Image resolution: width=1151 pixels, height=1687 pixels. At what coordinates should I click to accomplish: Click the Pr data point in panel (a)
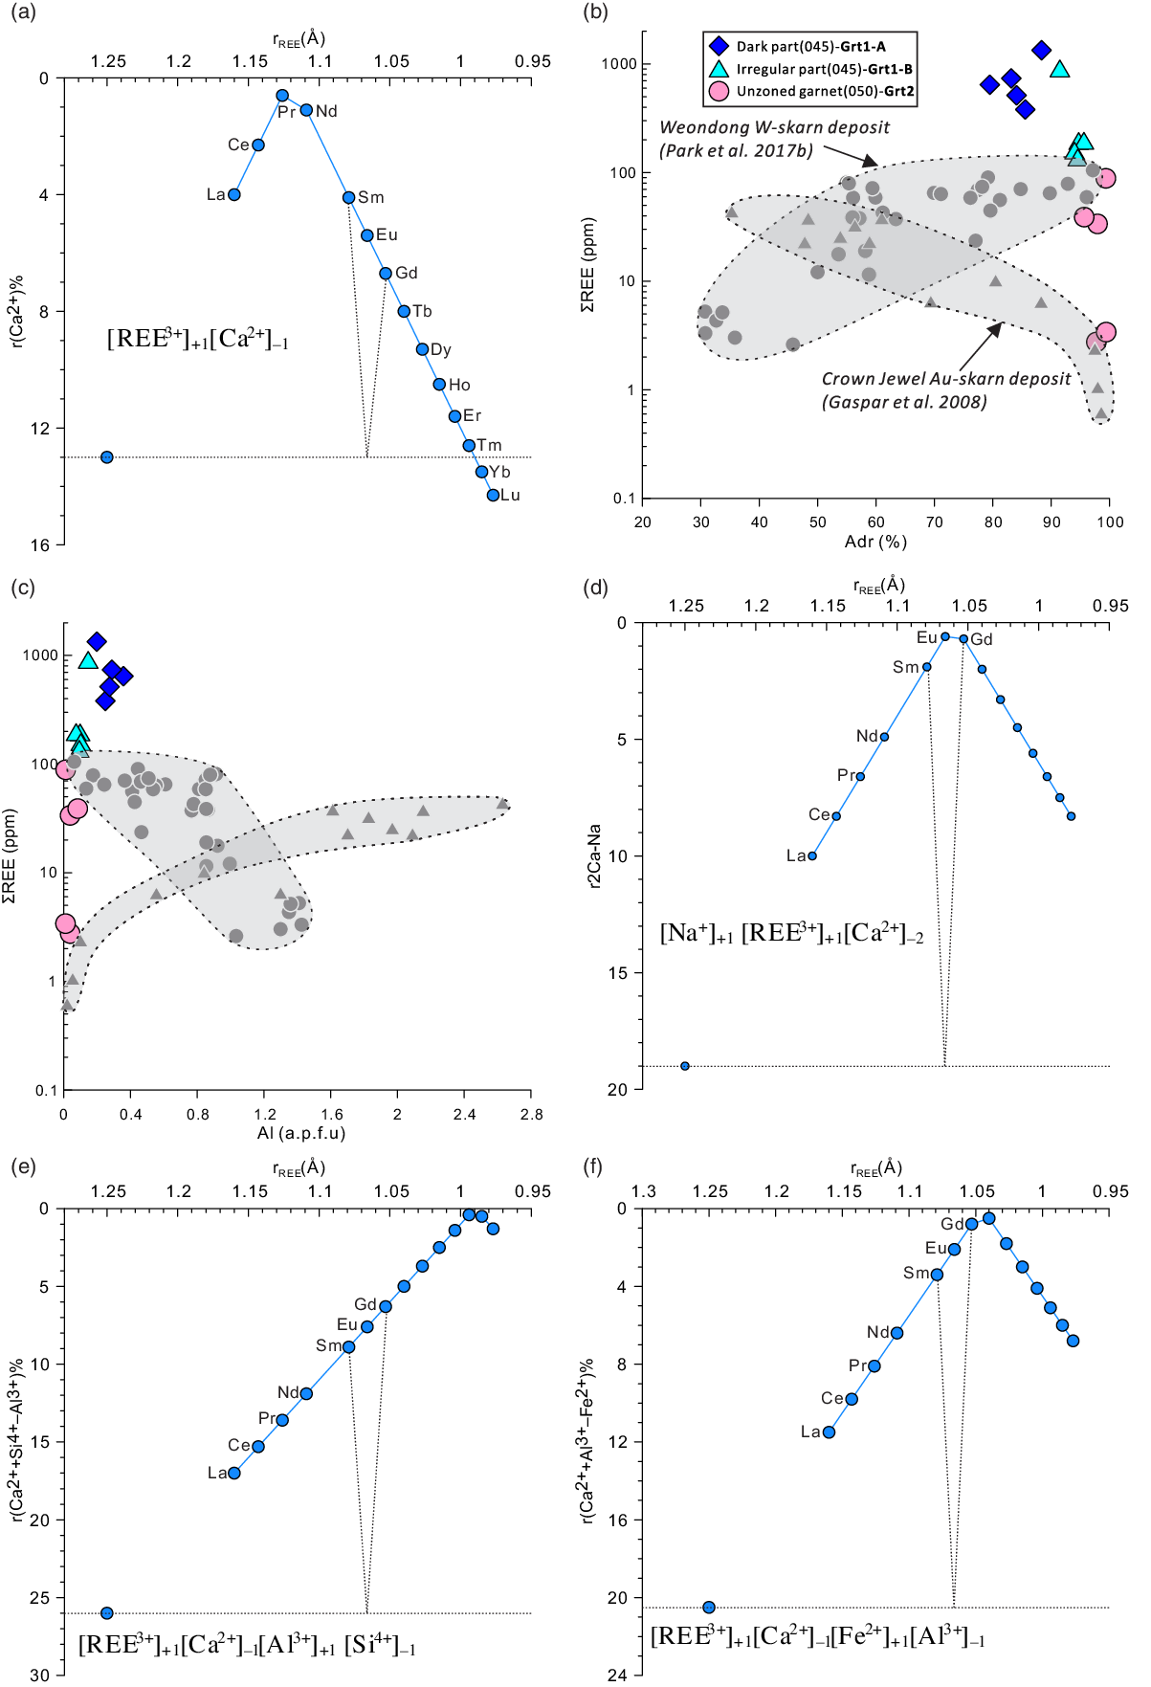click(282, 95)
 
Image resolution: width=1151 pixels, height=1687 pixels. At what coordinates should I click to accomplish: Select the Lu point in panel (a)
click(493, 495)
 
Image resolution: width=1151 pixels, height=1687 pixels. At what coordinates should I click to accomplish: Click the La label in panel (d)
click(796, 855)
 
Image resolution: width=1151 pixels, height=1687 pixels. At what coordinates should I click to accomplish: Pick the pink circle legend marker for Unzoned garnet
click(719, 91)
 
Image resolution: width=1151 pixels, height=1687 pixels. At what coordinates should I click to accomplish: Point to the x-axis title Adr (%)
click(875, 542)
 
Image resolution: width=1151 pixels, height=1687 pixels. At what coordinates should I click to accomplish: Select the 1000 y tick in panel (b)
click(618, 64)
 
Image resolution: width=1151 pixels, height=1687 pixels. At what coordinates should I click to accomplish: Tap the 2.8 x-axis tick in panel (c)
click(531, 1114)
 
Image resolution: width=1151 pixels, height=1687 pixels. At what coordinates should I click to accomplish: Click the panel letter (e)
click(23, 1166)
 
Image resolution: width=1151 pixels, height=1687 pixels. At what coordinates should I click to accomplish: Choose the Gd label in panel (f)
click(952, 1224)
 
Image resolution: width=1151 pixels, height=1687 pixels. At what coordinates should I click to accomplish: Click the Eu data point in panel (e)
click(366, 1326)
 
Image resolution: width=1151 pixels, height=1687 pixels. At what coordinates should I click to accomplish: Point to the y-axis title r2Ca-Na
click(594, 855)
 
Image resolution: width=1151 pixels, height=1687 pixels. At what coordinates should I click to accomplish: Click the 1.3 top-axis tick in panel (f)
click(644, 1191)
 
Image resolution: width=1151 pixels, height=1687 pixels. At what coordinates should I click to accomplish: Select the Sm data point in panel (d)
click(926, 667)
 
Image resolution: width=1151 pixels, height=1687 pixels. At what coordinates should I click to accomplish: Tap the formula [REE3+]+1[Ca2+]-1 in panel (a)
click(197, 339)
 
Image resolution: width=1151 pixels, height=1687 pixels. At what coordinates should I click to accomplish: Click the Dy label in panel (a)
click(441, 349)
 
